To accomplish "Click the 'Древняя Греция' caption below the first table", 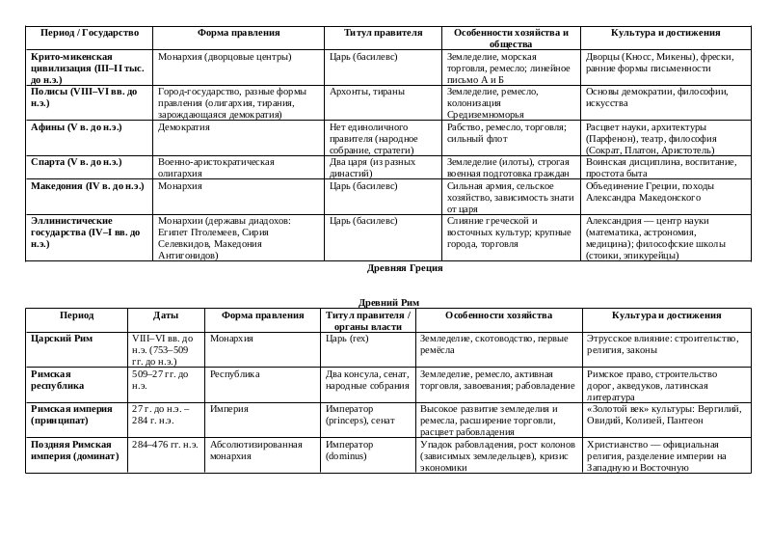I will coord(405,268).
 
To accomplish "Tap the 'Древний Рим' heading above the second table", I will coord(388,302).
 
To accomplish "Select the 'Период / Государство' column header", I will coord(83,33).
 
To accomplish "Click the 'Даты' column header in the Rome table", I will coord(166,315).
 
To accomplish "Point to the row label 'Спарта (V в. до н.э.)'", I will coord(76,162).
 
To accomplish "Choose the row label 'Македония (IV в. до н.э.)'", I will coord(87,185).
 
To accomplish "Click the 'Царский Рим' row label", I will coord(64,339).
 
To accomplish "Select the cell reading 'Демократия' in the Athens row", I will coord(184,127).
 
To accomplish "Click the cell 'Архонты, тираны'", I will coord(368,92).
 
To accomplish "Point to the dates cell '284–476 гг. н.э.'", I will coord(165,445).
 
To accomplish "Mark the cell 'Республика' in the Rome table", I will coord(235,373).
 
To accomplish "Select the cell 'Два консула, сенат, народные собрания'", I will coord(367,379).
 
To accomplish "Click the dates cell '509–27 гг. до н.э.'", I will coord(160,379).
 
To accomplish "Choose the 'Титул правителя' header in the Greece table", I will coord(384,33).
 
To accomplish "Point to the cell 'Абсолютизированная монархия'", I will coord(256,450).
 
